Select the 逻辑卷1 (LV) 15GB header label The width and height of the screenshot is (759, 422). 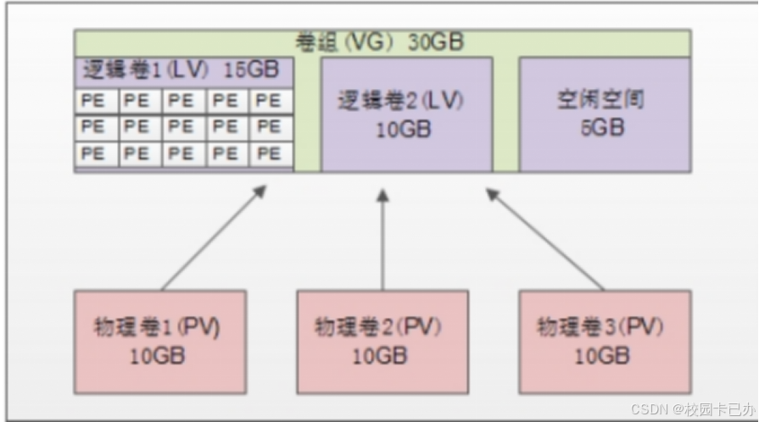182,70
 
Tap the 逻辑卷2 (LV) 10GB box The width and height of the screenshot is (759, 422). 407,114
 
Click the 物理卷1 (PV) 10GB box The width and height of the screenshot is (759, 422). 160,341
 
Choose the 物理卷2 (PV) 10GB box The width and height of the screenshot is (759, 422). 382,341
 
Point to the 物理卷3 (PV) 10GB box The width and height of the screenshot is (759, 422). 605,341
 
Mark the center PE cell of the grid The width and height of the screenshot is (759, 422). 183,127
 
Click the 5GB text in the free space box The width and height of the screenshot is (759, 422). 604,129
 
